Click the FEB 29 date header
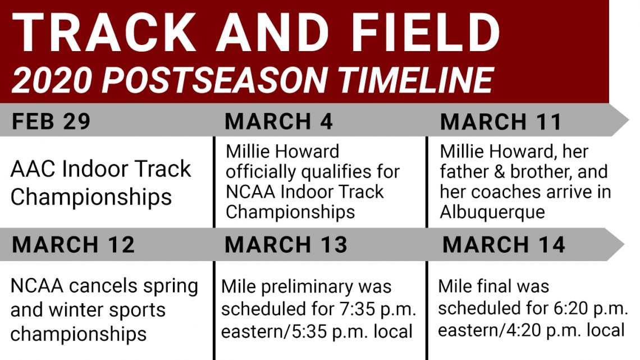pyautogui.click(x=51, y=121)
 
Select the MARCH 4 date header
pyautogui.click(x=279, y=121)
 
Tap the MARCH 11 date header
pyautogui.click(x=501, y=122)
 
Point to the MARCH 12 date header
pyautogui.click(x=74, y=244)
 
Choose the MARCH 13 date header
pyautogui.click(x=286, y=244)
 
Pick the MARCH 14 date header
pyautogui.click(x=504, y=244)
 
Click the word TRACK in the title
pyautogui.click(x=104, y=33)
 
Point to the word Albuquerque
pyautogui.click(x=492, y=212)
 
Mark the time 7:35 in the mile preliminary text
pyautogui.click(x=356, y=308)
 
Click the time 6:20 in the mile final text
pyautogui.click(x=573, y=308)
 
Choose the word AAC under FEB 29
pyautogui.click(x=34, y=170)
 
